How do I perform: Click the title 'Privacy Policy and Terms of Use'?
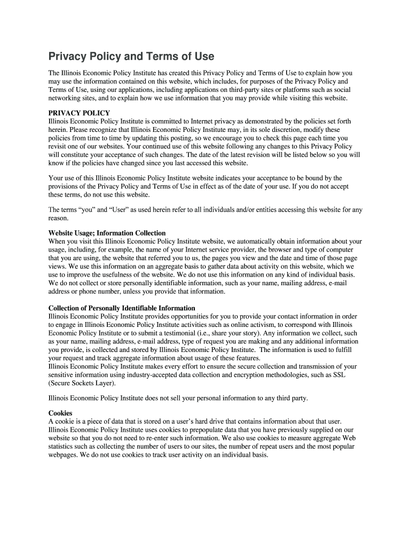coord(131,57)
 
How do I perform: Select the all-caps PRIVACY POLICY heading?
coord(79,113)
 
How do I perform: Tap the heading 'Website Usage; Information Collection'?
coord(107,233)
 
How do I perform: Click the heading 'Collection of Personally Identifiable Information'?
coord(122,308)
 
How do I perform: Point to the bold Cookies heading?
coord(60,413)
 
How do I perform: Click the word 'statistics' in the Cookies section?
coord(62,447)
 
